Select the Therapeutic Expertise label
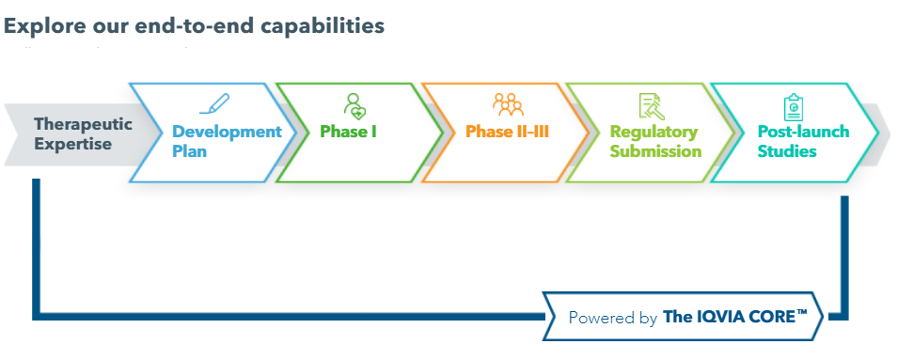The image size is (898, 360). tap(83, 133)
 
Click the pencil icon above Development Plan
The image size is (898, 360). tap(214, 103)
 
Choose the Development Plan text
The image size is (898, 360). tap(227, 141)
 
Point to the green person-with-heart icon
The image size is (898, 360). tap(355, 106)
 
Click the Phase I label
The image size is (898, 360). tap(348, 132)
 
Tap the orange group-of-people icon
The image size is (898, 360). tap(508, 104)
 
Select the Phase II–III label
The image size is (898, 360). tap(508, 132)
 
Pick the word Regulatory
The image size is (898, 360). tap(654, 133)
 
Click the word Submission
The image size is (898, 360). tap(655, 151)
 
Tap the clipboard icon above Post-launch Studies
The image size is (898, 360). tap(794, 107)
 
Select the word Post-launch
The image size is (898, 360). tap(803, 133)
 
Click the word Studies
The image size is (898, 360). tap(787, 151)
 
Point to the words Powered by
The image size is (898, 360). tap(612, 319)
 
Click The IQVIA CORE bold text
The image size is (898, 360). tap(734, 317)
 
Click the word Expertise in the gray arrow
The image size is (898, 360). tap(72, 144)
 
